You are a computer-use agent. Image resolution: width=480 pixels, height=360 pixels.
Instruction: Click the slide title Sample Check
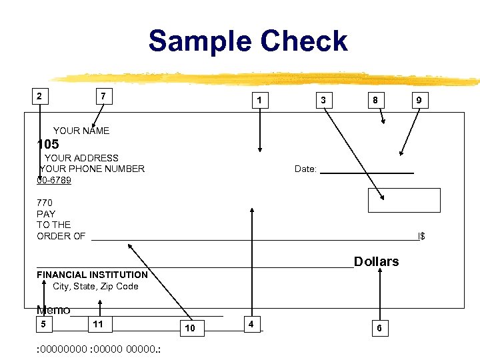pyautogui.click(x=248, y=41)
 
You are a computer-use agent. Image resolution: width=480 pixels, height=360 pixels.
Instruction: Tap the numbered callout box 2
pyautogui.click(x=40, y=95)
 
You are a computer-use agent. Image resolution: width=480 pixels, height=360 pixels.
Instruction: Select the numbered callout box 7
pyautogui.click(x=103, y=96)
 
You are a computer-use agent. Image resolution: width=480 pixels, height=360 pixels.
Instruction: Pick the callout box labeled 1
pyautogui.click(x=260, y=101)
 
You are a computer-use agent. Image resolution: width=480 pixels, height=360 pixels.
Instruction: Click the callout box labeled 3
pyautogui.click(x=323, y=101)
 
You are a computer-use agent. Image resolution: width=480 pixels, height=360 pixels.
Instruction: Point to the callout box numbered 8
pyautogui.click(x=376, y=101)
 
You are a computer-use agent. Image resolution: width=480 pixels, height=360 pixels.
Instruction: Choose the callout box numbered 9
pyautogui.click(x=419, y=101)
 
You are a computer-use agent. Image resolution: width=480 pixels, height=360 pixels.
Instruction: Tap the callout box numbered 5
pyautogui.click(x=43, y=325)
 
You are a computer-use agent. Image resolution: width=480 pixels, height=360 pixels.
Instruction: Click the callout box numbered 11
pyautogui.click(x=99, y=325)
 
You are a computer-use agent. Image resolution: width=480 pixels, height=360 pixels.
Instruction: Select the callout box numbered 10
pyautogui.click(x=190, y=328)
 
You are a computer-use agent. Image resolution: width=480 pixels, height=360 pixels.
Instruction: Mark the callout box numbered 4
pyautogui.click(x=251, y=324)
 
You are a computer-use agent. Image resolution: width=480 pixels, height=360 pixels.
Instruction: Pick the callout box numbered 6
pyautogui.click(x=379, y=328)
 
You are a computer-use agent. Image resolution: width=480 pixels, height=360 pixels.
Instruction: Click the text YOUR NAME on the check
pyautogui.click(x=81, y=131)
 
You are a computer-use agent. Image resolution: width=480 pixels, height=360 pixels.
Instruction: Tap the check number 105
pyautogui.click(x=48, y=144)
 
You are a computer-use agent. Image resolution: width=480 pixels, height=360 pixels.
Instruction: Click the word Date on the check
pyautogui.click(x=305, y=169)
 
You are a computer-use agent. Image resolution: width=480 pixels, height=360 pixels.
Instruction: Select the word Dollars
pyautogui.click(x=376, y=261)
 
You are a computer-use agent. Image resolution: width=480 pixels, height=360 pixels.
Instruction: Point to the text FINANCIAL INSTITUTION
pyautogui.click(x=92, y=275)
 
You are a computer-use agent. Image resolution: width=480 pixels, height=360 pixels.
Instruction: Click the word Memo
pyautogui.click(x=53, y=310)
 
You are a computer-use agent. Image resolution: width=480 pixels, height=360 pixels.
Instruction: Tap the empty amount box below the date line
pyautogui.click(x=404, y=200)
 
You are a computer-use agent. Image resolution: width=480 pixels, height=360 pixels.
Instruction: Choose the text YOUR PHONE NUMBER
pyautogui.click(x=93, y=169)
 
